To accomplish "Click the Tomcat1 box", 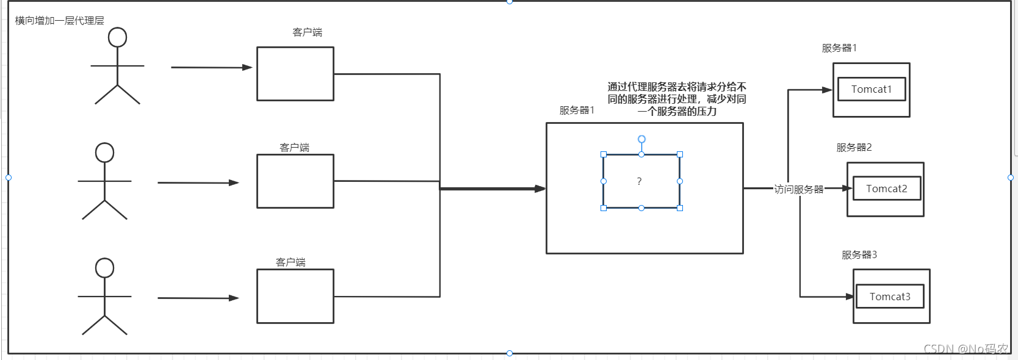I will pyautogui.click(x=871, y=89).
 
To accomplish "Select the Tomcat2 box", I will pyautogui.click(x=886, y=189).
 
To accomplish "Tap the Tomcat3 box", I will pyautogui.click(x=889, y=297).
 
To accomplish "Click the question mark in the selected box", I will pyautogui.click(x=639, y=181).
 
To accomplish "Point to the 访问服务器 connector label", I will pyautogui.click(x=798, y=189).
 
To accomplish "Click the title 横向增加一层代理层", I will pyautogui.click(x=59, y=21).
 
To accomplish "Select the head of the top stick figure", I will pyautogui.click(x=117, y=37).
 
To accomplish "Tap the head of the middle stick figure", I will pyautogui.click(x=104, y=153).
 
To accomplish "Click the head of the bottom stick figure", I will pyautogui.click(x=104, y=268).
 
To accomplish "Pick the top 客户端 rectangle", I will pyautogui.click(x=295, y=74).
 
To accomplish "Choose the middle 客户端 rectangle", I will pyautogui.click(x=295, y=181).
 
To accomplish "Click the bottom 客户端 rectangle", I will pyautogui.click(x=295, y=296).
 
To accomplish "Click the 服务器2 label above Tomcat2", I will pyautogui.click(x=853, y=148).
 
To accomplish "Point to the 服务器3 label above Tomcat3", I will pyautogui.click(x=859, y=255).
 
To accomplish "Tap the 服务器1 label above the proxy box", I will pyautogui.click(x=576, y=110).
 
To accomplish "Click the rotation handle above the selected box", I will pyautogui.click(x=641, y=139).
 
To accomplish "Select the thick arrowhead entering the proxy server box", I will pyautogui.click(x=540, y=189).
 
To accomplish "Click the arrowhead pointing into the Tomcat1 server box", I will pyautogui.click(x=828, y=90).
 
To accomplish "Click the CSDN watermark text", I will pyautogui.click(x=966, y=349).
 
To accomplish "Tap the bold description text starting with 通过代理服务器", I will pyautogui.click(x=676, y=99).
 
